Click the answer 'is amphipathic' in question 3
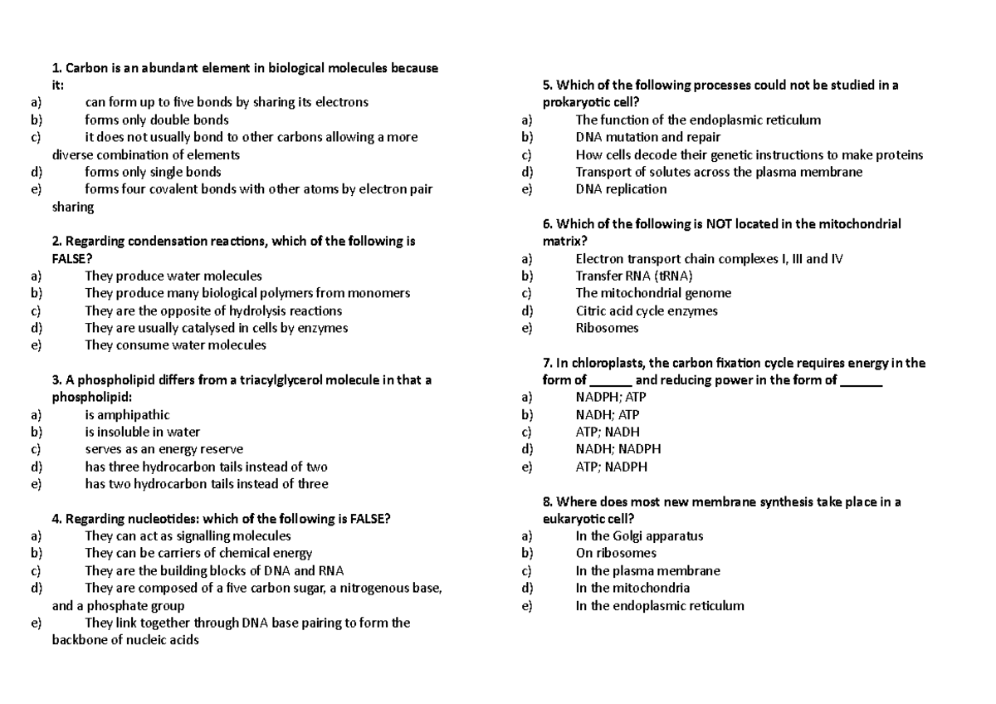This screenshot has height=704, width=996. pos(127,414)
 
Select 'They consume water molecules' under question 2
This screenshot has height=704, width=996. pos(175,345)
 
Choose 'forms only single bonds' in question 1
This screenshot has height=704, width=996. pos(153,172)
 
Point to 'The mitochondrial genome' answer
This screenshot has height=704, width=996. pos(653,293)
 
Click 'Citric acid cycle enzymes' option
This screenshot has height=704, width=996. pos(647,310)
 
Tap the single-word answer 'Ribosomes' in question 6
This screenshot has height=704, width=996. pos(607,328)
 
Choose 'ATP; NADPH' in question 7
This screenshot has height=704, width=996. pos(611,467)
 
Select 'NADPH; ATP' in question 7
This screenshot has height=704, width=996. pos(611,397)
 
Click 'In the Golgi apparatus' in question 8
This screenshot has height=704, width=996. pos(639,535)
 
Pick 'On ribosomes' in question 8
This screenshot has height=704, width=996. pos(616,553)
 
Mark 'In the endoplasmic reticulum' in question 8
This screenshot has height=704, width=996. pos(660,605)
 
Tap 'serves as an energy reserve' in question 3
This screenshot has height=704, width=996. pos(164,449)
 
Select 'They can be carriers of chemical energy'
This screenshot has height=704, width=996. pos(198,553)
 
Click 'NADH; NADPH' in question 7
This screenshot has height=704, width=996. pos(618,449)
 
